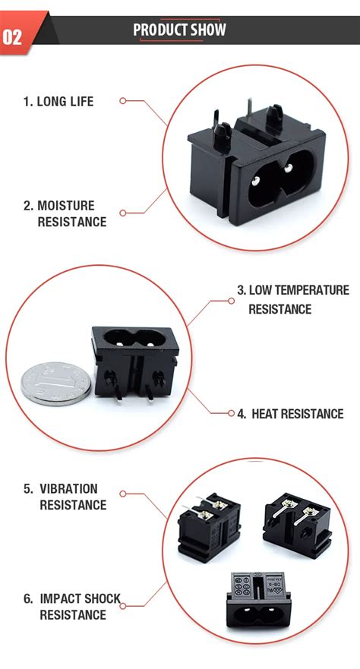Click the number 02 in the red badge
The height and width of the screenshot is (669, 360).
point(14,36)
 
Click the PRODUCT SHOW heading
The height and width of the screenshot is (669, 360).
point(179,30)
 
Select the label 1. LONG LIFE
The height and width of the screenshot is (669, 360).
point(58,101)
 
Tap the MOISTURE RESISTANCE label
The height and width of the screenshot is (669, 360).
point(65,213)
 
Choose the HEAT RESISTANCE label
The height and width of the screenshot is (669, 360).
point(290,414)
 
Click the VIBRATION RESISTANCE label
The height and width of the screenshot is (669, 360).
point(65,497)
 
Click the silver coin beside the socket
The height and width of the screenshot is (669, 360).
point(55,380)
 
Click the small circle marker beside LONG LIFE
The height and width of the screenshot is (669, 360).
point(122,100)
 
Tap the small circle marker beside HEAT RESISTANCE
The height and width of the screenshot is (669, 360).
point(232,414)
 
